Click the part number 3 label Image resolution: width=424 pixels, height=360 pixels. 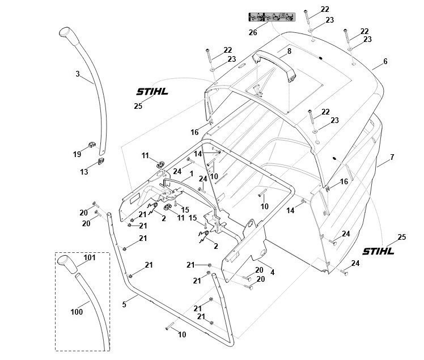click(x=78, y=73)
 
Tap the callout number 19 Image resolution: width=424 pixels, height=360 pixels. click(x=77, y=154)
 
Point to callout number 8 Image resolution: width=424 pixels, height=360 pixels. click(x=289, y=51)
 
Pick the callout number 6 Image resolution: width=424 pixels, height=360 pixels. click(x=385, y=61)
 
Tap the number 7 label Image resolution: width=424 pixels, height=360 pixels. click(x=392, y=156)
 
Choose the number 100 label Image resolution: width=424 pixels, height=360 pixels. click(x=77, y=312)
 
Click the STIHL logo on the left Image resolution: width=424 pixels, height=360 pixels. click(x=152, y=91)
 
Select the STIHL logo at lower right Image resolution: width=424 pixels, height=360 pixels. click(x=378, y=251)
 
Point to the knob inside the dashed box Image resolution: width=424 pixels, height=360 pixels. click(x=66, y=264)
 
